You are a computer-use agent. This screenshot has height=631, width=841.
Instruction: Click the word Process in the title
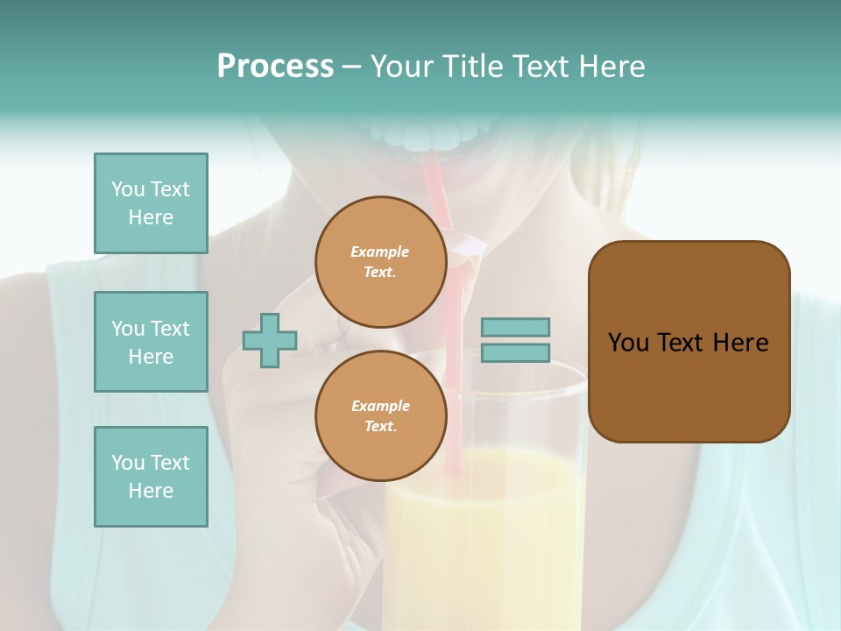click(275, 67)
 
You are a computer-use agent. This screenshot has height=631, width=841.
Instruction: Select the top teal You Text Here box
click(151, 203)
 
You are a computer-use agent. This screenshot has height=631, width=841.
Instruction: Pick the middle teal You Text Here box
click(151, 342)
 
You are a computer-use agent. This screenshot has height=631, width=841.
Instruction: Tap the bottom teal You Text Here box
click(151, 477)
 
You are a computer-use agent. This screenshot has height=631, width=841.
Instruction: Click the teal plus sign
click(270, 340)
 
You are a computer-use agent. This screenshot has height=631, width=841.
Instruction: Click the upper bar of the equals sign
click(516, 327)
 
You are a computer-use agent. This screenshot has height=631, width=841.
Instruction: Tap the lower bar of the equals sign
click(516, 352)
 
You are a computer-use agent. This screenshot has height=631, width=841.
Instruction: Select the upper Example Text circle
click(380, 261)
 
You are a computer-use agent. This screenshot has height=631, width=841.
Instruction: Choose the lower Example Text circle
click(380, 415)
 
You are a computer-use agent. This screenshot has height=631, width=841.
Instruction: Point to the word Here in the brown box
click(740, 343)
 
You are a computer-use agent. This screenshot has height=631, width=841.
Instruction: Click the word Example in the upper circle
click(380, 252)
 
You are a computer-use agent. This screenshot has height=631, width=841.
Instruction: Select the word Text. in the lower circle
click(380, 426)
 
